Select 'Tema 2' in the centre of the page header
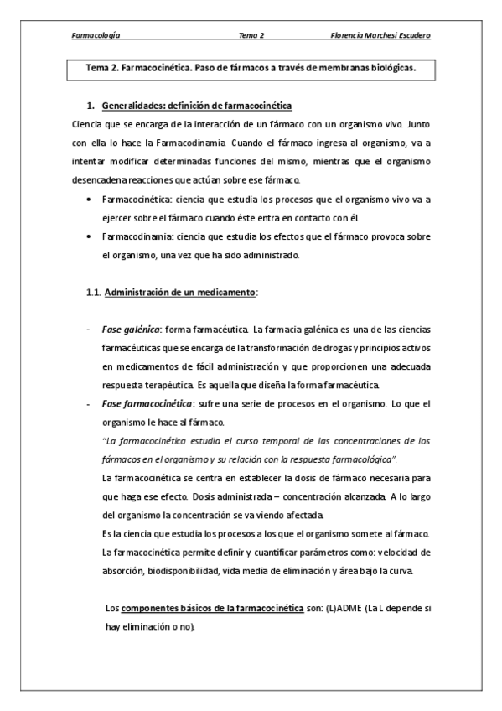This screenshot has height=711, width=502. click(251, 35)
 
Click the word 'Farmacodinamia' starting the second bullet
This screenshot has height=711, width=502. click(132, 237)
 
